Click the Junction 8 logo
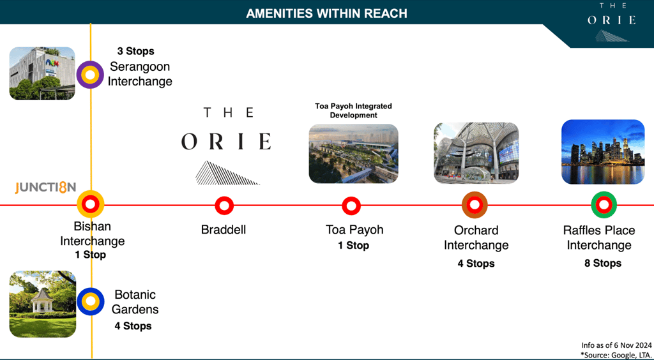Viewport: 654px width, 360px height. (x=45, y=188)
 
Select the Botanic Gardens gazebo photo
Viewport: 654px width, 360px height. (x=43, y=304)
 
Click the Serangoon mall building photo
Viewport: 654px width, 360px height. (x=42, y=73)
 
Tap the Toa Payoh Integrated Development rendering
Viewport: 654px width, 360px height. (x=353, y=154)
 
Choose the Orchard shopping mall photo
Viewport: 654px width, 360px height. (x=476, y=153)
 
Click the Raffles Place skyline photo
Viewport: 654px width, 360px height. (x=603, y=152)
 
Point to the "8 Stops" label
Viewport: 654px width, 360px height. (x=603, y=264)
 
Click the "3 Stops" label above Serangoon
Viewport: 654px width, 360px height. (x=135, y=51)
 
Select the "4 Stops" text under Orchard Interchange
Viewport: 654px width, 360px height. (x=475, y=264)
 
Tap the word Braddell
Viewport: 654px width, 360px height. (x=224, y=230)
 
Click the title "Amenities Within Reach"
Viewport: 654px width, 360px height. (x=326, y=14)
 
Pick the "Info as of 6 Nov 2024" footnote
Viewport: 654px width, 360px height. (x=616, y=345)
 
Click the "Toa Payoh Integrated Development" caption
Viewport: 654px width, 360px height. (x=353, y=111)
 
